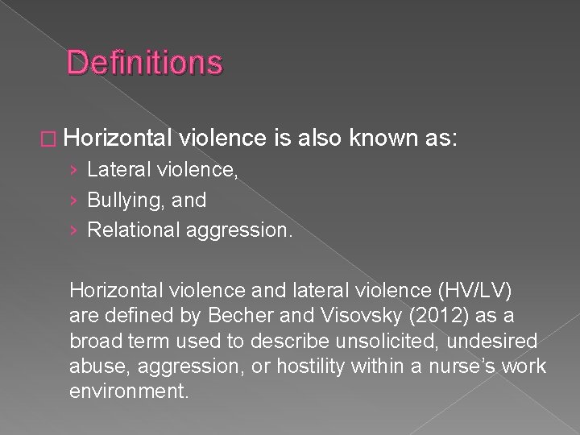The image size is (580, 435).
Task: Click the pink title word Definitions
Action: point(144,62)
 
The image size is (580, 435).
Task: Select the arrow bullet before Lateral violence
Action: point(74,170)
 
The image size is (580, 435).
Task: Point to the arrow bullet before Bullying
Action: point(74,200)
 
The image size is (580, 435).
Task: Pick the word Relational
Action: point(134,230)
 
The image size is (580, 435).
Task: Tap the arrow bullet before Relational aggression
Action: point(74,230)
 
